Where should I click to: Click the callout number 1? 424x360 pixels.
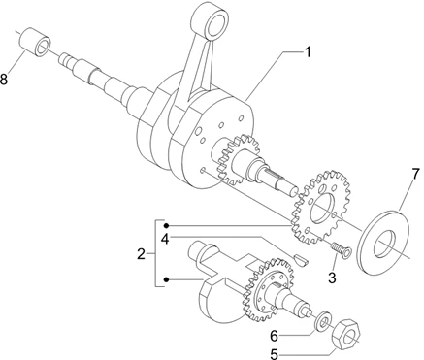pos(308,52)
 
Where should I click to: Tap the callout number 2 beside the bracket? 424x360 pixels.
pos(141,254)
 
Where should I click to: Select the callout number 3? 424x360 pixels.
pos(332,278)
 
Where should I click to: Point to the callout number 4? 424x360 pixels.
pos(165,239)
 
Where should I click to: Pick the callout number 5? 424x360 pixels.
pos(274,354)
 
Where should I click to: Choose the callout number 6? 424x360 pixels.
pos(275,337)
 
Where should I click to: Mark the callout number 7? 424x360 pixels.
pos(415,176)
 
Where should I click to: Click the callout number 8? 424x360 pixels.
pos(4,80)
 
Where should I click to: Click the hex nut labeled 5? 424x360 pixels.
pos(345,334)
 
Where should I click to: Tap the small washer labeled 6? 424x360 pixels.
pos(323,320)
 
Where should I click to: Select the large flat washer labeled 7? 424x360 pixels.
pos(384,243)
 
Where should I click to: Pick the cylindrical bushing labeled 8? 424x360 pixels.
pos(36,43)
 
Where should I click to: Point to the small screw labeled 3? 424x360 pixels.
pos(342,250)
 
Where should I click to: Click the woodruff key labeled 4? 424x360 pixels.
pos(301,260)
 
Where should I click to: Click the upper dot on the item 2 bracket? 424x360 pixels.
pos(166,225)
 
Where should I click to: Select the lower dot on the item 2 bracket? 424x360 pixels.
pos(166,279)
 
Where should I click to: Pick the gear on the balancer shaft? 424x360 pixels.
pos(270,290)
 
